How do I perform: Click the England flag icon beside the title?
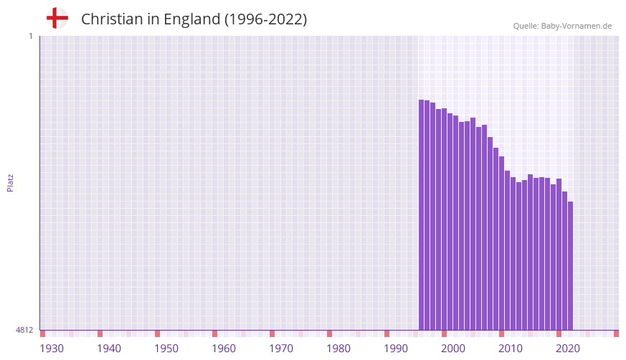coord(57,19)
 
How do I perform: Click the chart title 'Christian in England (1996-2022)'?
coord(194,19)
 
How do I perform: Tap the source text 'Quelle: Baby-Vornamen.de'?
coord(562,26)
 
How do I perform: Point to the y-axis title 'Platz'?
coord(10,183)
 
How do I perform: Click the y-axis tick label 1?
coord(30,36)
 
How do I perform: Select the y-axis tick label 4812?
coord(24,331)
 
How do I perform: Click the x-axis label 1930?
coord(52,349)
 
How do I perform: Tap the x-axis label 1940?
coord(109,349)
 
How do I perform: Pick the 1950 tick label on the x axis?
coord(166,349)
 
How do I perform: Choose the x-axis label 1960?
coord(224,349)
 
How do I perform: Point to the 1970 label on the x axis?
coord(281,349)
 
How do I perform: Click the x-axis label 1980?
coord(338,349)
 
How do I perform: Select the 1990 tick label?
coord(396,349)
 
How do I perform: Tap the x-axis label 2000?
coord(453,349)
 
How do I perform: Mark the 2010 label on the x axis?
coord(511,349)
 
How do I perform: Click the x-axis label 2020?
coord(568,349)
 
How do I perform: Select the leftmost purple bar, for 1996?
coord(422,215)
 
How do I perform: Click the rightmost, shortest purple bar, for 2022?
coord(571,265)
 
